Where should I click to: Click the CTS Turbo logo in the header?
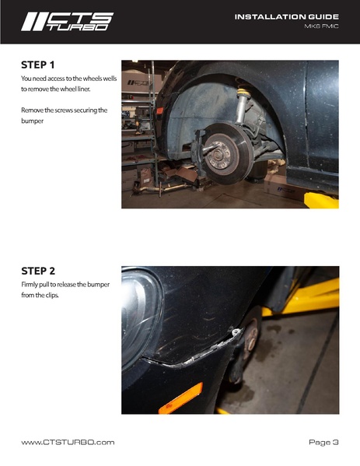(x=68, y=22)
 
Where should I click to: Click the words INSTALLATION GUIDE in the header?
(x=287, y=16)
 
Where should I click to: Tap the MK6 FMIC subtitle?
(x=321, y=26)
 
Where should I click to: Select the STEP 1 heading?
(x=38, y=65)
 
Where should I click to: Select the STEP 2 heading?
(x=38, y=271)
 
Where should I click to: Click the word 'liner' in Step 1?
(x=83, y=89)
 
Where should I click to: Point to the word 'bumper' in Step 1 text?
(x=33, y=121)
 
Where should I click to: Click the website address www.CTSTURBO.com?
(x=68, y=442)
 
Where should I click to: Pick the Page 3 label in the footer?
(x=323, y=443)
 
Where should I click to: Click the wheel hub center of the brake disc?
(x=218, y=155)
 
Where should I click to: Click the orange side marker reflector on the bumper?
(x=181, y=398)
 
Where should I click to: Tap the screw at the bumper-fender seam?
(x=236, y=331)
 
